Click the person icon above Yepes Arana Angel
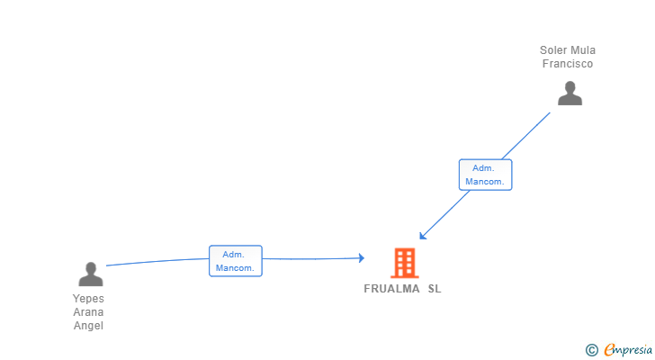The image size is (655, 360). coord(90,274)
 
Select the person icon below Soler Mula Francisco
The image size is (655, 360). coord(570,94)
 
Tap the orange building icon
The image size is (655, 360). coord(404,262)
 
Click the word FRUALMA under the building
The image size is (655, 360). coord(391,289)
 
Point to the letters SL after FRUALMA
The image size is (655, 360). coord(435,289)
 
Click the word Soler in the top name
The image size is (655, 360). coord(553,50)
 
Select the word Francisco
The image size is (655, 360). coord(568,64)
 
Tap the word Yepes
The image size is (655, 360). coord(89,299)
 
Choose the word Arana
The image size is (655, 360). coord(89,312)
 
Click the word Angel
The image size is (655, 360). coord(89,326)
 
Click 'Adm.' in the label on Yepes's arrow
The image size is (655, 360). coord(235,255)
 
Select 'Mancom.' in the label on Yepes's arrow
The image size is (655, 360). coord(235,268)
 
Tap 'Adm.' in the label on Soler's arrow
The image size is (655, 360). coord(485,168)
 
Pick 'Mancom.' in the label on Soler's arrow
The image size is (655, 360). coord(485,182)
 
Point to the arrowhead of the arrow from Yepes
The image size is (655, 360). coord(361,258)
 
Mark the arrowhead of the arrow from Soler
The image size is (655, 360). coord(422,237)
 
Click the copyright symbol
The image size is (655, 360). coord(591,350)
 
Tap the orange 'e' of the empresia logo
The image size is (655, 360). coord(609,349)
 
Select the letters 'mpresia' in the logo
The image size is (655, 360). coord(633,349)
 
